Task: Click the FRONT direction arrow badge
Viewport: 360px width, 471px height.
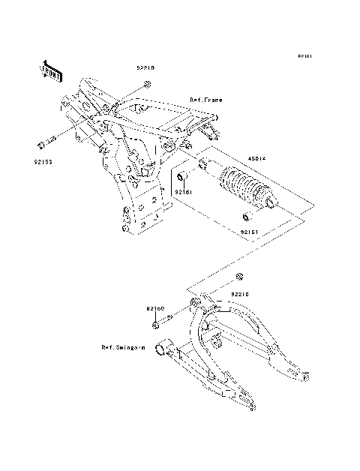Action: tap(50, 70)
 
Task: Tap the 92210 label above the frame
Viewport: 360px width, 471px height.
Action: tap(145, 68)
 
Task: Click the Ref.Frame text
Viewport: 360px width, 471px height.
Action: tap(205, 99)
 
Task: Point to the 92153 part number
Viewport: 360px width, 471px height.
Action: tap(43, 160)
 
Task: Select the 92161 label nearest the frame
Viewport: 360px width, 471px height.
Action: tap(184, 192)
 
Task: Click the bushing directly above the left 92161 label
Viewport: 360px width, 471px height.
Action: tap(182, 178)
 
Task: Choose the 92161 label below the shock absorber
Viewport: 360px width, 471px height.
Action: tap(250, 232)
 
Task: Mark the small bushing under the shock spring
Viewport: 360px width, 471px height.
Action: tap(245, 218)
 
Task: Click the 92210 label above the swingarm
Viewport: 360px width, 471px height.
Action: tap(240, 295)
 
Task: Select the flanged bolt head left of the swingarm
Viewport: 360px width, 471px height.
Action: tap(155, 325)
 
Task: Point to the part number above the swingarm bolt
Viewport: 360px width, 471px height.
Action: tap(155, 308)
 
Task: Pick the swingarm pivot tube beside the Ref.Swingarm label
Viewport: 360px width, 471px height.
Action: tap(163, 348)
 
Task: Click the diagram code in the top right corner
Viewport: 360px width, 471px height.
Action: tap(304, 56)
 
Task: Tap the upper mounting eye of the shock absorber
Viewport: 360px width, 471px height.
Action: tap(203, 164)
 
